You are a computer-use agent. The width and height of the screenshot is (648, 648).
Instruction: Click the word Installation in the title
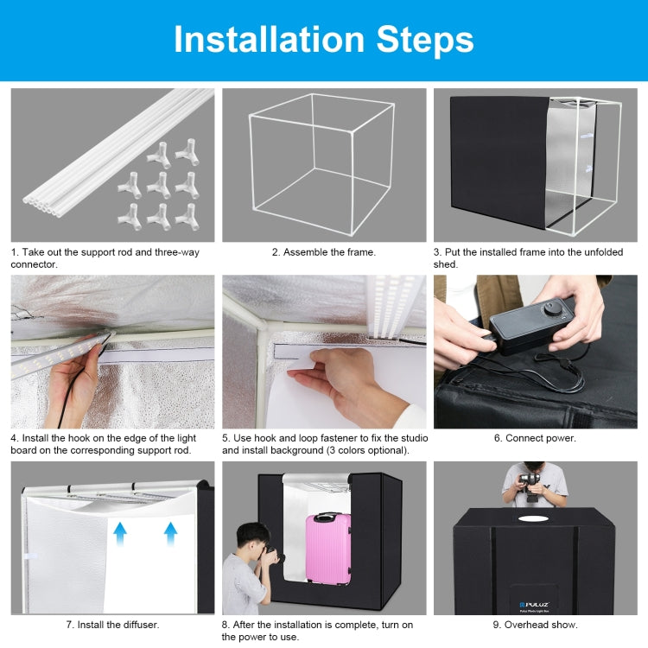(269, 39)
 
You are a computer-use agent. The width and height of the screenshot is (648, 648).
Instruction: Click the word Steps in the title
(425, 41)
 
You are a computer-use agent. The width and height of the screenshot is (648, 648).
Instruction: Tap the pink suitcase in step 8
(328, 549)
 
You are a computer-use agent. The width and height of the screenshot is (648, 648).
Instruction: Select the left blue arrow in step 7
(120, 533)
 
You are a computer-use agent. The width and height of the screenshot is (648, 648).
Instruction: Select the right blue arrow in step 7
(170, 533)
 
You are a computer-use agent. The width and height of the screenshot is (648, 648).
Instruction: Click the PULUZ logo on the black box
(534, 604)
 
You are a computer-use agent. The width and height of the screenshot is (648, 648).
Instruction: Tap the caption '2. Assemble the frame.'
(324, 252)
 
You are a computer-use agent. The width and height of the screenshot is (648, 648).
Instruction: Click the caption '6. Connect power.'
(535, 438)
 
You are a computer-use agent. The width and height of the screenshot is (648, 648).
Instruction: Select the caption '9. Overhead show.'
(535, 625)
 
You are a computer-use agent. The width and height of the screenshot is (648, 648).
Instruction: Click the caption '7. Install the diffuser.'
(112, 625)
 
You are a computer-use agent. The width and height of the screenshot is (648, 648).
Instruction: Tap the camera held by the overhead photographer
(530, 485)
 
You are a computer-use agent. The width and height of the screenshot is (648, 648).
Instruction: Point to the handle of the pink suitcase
(328, 516)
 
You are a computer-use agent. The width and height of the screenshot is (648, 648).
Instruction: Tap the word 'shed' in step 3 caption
(444, 264)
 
